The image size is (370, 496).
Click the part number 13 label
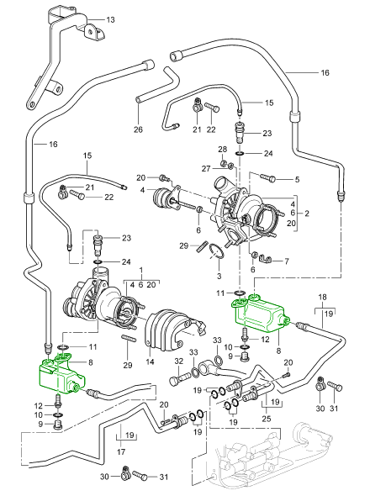(110, 20)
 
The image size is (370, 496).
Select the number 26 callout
(138, 129)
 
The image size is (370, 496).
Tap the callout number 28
(223, 149)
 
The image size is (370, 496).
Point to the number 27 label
(206, 169)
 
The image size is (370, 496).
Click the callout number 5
(297, 180)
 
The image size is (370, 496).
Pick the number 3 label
(219, 276)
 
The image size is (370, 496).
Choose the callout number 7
(287, 261)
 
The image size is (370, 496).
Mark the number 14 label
(150, 361)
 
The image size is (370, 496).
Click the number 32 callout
(179, 361)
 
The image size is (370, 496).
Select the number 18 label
(323, 297)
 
